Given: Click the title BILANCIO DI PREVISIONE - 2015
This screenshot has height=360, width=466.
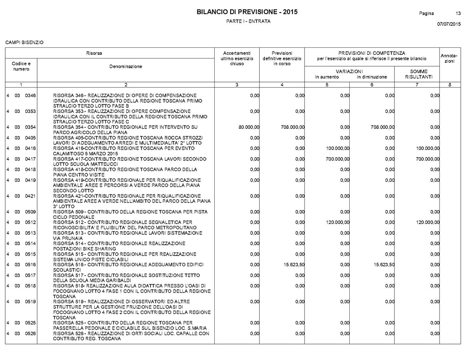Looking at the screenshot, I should (x=247, y=12).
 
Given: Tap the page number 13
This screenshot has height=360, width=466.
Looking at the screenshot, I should (x=458, y=13).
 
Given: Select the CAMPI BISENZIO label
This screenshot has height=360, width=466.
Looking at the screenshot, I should (x=24, y=43).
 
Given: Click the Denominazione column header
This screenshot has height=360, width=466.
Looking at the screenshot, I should (x=126, y=67).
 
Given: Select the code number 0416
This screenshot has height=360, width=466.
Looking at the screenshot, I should (x=30, y=148).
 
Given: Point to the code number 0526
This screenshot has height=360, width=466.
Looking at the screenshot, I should (x=30, y=333).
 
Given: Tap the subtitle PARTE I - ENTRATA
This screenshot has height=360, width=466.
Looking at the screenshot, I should (x=248, y=22).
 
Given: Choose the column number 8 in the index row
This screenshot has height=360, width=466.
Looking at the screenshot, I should (x=449, y=84).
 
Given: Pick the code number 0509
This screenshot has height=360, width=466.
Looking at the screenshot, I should (x=30, y=212).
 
